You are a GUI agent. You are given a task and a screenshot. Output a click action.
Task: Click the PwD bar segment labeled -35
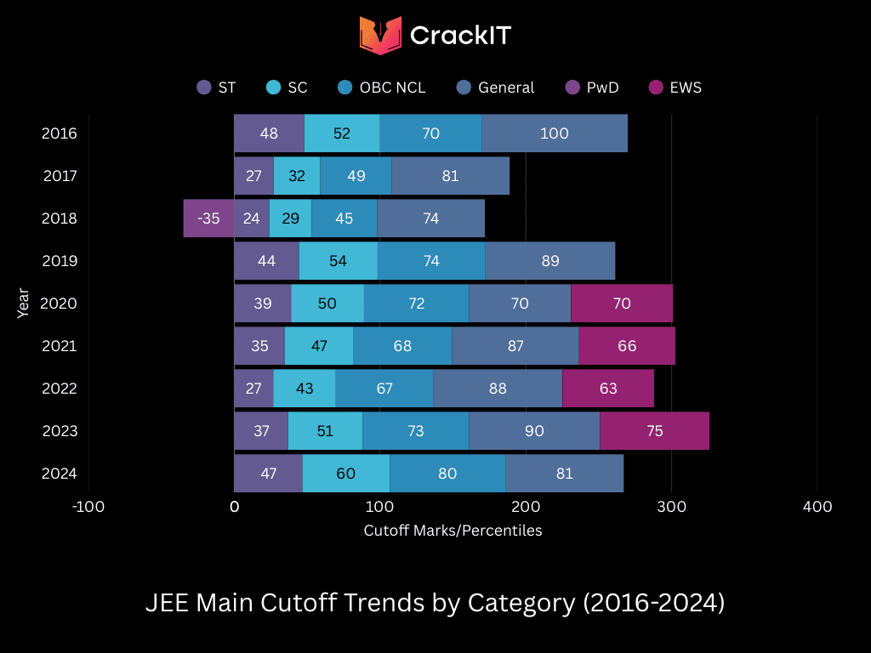(x=208, y=219)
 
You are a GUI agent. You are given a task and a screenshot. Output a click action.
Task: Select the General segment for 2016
(x=555, y=133)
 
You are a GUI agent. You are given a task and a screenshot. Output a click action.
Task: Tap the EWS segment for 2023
(x=654, y=431)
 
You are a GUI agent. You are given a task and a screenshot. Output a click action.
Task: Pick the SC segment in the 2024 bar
(x=345, y=474)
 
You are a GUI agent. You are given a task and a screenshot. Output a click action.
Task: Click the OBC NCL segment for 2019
(x=431, y=261)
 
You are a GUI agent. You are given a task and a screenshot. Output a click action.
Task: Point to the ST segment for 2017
(x=253, y=176)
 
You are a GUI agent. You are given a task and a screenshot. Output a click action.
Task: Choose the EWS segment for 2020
(x=621, y=304)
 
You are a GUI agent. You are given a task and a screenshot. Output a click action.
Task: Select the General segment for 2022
(x=498, y=389)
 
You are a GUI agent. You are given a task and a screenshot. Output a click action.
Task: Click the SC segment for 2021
(x=319, y=346)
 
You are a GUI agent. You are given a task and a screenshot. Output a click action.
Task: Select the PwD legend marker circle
(x=572, y=88)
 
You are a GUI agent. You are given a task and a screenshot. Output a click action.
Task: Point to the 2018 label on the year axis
(x=60, y=219)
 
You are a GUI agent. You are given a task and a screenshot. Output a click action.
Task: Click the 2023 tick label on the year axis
(x=60, y=431)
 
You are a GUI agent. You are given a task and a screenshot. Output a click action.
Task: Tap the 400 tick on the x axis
(x=817, y=507)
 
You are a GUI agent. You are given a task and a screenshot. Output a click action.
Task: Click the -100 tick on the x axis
(x=88, y=507)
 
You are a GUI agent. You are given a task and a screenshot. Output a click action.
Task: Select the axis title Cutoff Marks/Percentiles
(x=453, y=531)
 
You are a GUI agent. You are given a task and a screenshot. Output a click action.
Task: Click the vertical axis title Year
(x=23, y=304)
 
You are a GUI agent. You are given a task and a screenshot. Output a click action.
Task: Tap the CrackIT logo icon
(x=379, y=35)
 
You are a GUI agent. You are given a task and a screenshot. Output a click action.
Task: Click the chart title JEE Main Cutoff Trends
(x=435, y=603)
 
